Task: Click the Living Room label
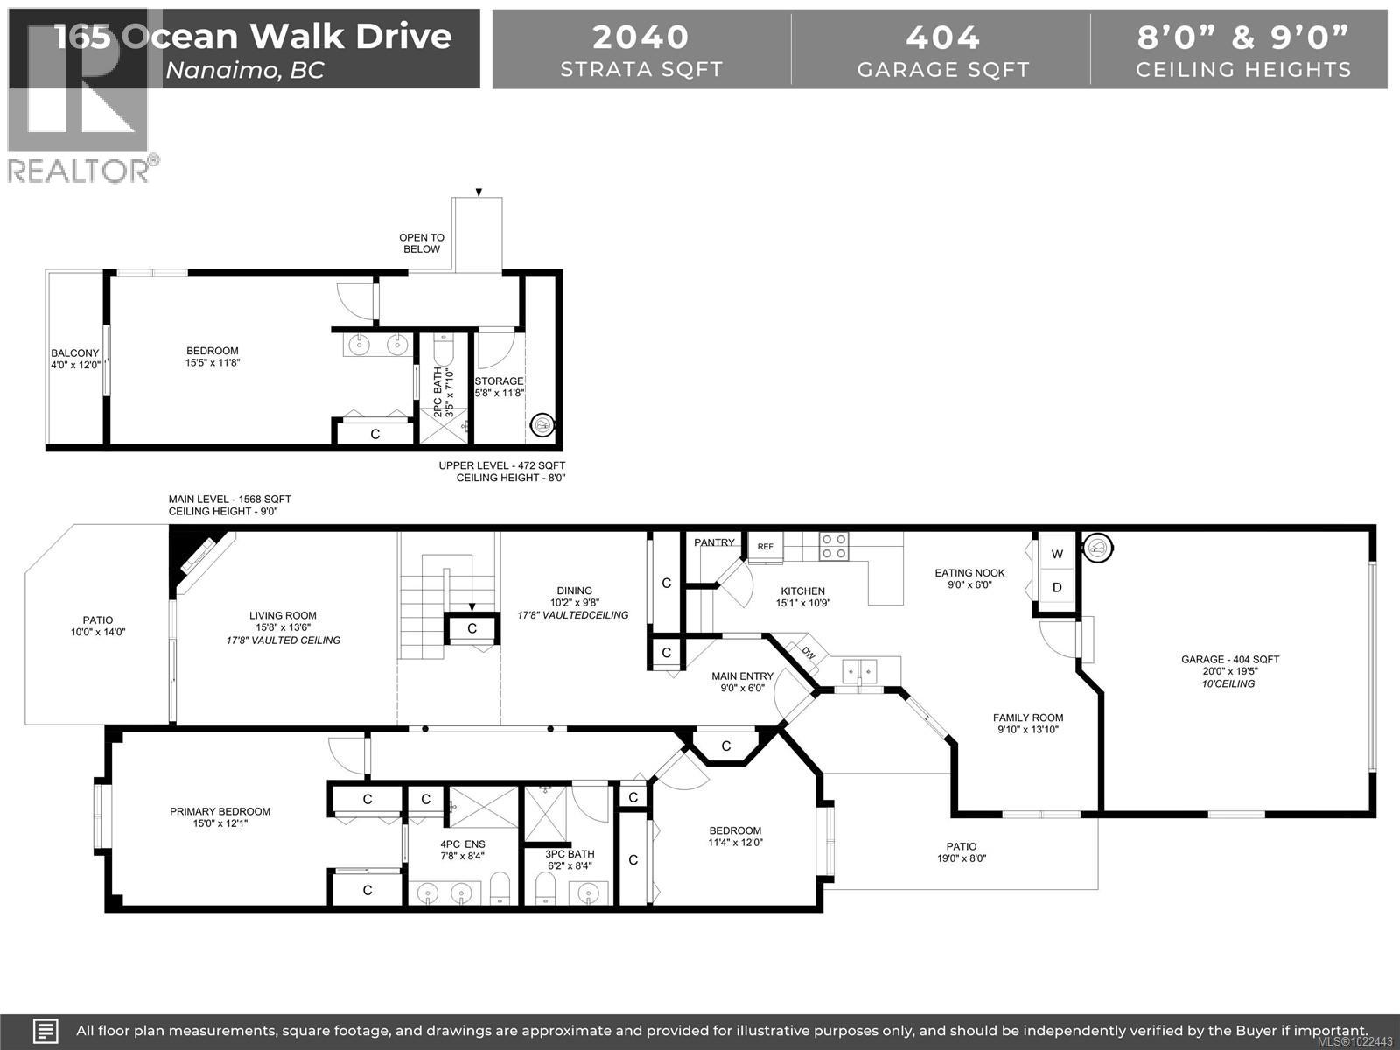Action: point(283,615)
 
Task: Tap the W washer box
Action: point(1057,554)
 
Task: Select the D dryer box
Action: point(1057,587)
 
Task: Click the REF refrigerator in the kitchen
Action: point(766,547)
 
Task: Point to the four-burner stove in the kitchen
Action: point(833,547)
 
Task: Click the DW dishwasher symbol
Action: point(807,652)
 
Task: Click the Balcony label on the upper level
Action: point(74,353)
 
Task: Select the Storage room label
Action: point(499,381)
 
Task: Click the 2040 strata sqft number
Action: point(640,37)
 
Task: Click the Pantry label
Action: point(714,542)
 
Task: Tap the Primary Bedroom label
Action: point(220,811)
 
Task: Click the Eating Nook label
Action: point(969,573)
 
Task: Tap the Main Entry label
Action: point(742,675)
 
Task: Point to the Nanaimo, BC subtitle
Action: point(245,70)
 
